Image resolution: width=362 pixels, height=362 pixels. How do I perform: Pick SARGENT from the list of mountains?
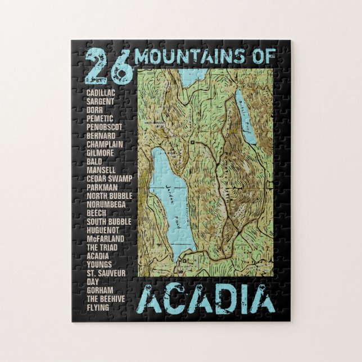101,101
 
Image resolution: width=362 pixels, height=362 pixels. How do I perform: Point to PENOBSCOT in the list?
105,127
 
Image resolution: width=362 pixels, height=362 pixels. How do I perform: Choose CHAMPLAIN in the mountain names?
105,144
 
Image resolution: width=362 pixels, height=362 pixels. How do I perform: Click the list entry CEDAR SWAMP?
108,178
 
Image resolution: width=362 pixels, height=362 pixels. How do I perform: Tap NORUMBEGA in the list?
106,204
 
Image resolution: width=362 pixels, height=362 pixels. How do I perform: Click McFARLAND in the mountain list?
106,238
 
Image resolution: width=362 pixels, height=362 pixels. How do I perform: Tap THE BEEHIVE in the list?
106,298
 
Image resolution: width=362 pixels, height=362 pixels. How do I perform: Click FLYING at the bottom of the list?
98,307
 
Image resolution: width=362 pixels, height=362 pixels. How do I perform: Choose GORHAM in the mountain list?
99,290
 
